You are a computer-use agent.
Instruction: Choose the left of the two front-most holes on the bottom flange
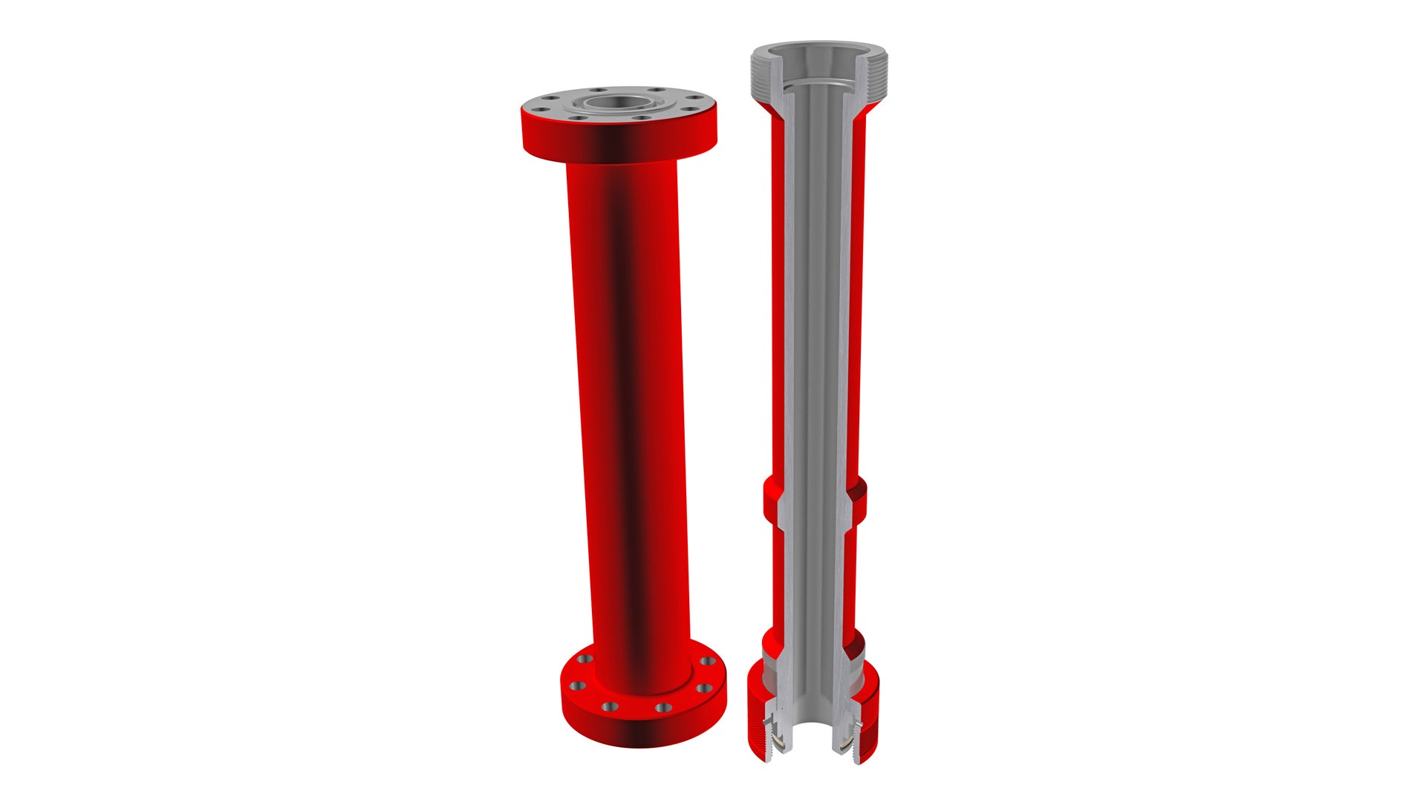(x=609, y=706)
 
